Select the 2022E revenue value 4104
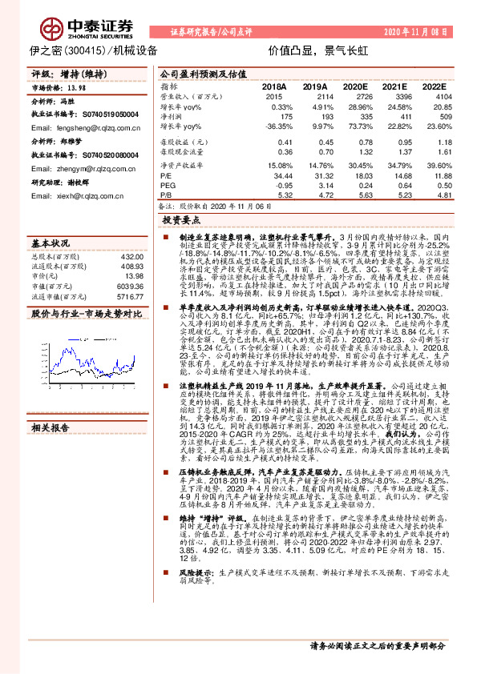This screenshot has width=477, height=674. coord(434,96)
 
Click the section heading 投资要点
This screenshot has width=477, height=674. coord(180,219)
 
